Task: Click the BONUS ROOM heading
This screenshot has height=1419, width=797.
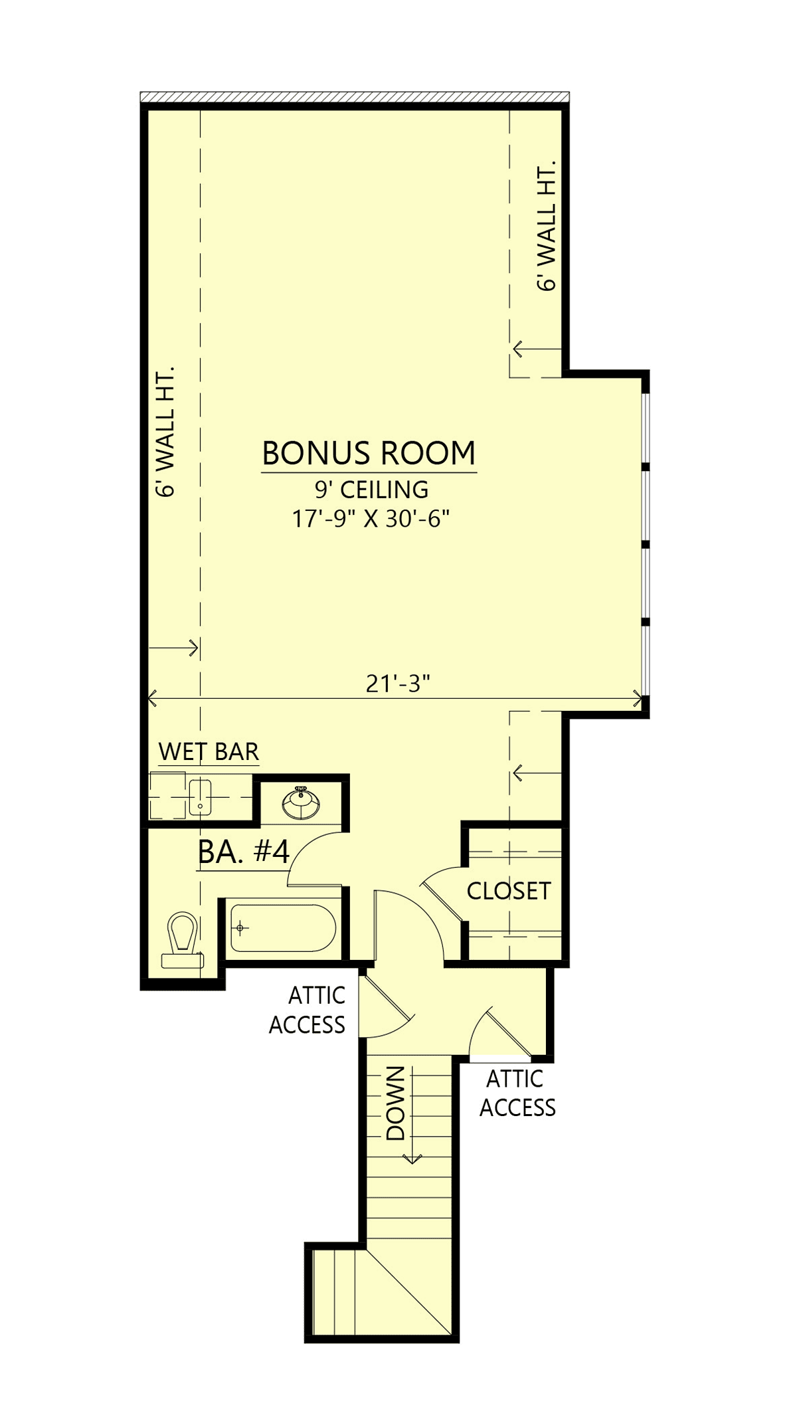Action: click(x=369, y=453)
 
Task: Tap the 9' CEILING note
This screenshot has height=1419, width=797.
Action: click(x=371, y=490)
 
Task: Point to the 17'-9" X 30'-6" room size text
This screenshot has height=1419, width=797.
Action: click(x=371, y=518)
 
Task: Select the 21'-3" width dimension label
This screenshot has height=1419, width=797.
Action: click(x=398, y=683)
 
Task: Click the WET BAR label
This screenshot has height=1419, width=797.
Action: click(x=209, y=751)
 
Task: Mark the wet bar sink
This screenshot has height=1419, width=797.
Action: click(x=200, y=797)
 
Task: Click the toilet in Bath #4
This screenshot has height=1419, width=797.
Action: click(x=182, y=940)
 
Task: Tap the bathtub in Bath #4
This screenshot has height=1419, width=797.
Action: click(x=283, y=928)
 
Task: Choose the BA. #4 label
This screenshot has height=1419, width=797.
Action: click(x=244, y=852)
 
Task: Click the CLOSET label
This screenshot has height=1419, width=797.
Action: click(x=509, y=891)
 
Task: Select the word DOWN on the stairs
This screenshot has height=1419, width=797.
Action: click(x=395, y=1103)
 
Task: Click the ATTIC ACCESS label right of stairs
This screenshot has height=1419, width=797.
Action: click(x=517, y=1093)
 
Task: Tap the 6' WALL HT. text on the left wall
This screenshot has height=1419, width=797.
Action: click(x=165, y=432)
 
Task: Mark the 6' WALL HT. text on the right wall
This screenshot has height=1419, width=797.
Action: click(x=546, y=226)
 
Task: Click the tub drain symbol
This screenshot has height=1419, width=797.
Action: click(x=240, y=928)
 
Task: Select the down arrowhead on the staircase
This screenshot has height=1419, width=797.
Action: click(x=412, y=1159)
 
